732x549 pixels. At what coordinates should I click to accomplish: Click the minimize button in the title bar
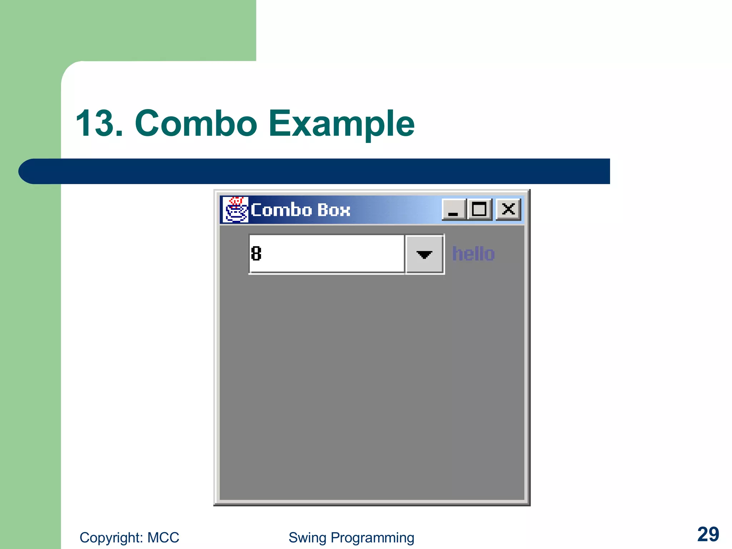454,209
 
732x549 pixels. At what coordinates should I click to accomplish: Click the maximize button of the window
479,209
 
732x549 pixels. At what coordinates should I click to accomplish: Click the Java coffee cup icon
235,210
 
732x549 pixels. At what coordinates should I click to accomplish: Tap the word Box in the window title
333,210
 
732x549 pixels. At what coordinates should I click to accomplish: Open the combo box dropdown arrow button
424,254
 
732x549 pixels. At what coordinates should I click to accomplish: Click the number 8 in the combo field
256,254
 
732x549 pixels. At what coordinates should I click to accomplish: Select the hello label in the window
473,254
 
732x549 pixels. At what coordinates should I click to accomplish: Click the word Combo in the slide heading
196,124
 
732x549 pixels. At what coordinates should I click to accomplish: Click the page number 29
708,534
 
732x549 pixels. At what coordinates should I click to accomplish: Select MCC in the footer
163,538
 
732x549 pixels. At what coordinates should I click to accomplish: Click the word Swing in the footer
307,538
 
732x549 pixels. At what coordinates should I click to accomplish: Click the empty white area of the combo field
332,254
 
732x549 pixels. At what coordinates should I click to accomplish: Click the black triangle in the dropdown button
424,254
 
